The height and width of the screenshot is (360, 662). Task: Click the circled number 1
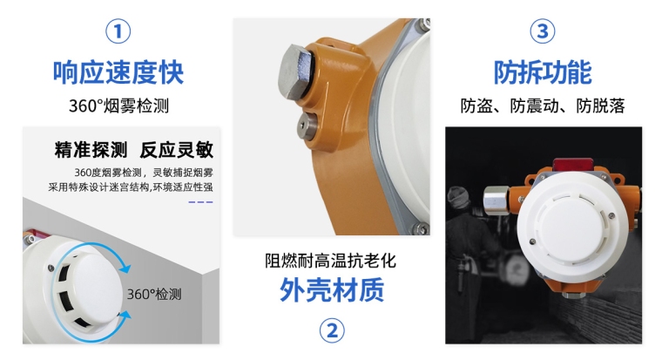tap(118, 32)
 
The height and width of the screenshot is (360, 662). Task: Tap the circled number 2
tap(331, 329)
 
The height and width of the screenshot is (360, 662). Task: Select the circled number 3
tap(543, 32)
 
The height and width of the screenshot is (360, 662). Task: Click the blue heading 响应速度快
tap(118, 71)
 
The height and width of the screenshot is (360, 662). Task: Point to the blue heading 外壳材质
tap(331, 290)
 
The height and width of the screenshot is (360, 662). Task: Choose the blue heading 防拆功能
tap(543, 71)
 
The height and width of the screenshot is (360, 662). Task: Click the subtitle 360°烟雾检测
tap(118, 106)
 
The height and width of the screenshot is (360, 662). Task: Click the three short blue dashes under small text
tap(200, 201)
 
